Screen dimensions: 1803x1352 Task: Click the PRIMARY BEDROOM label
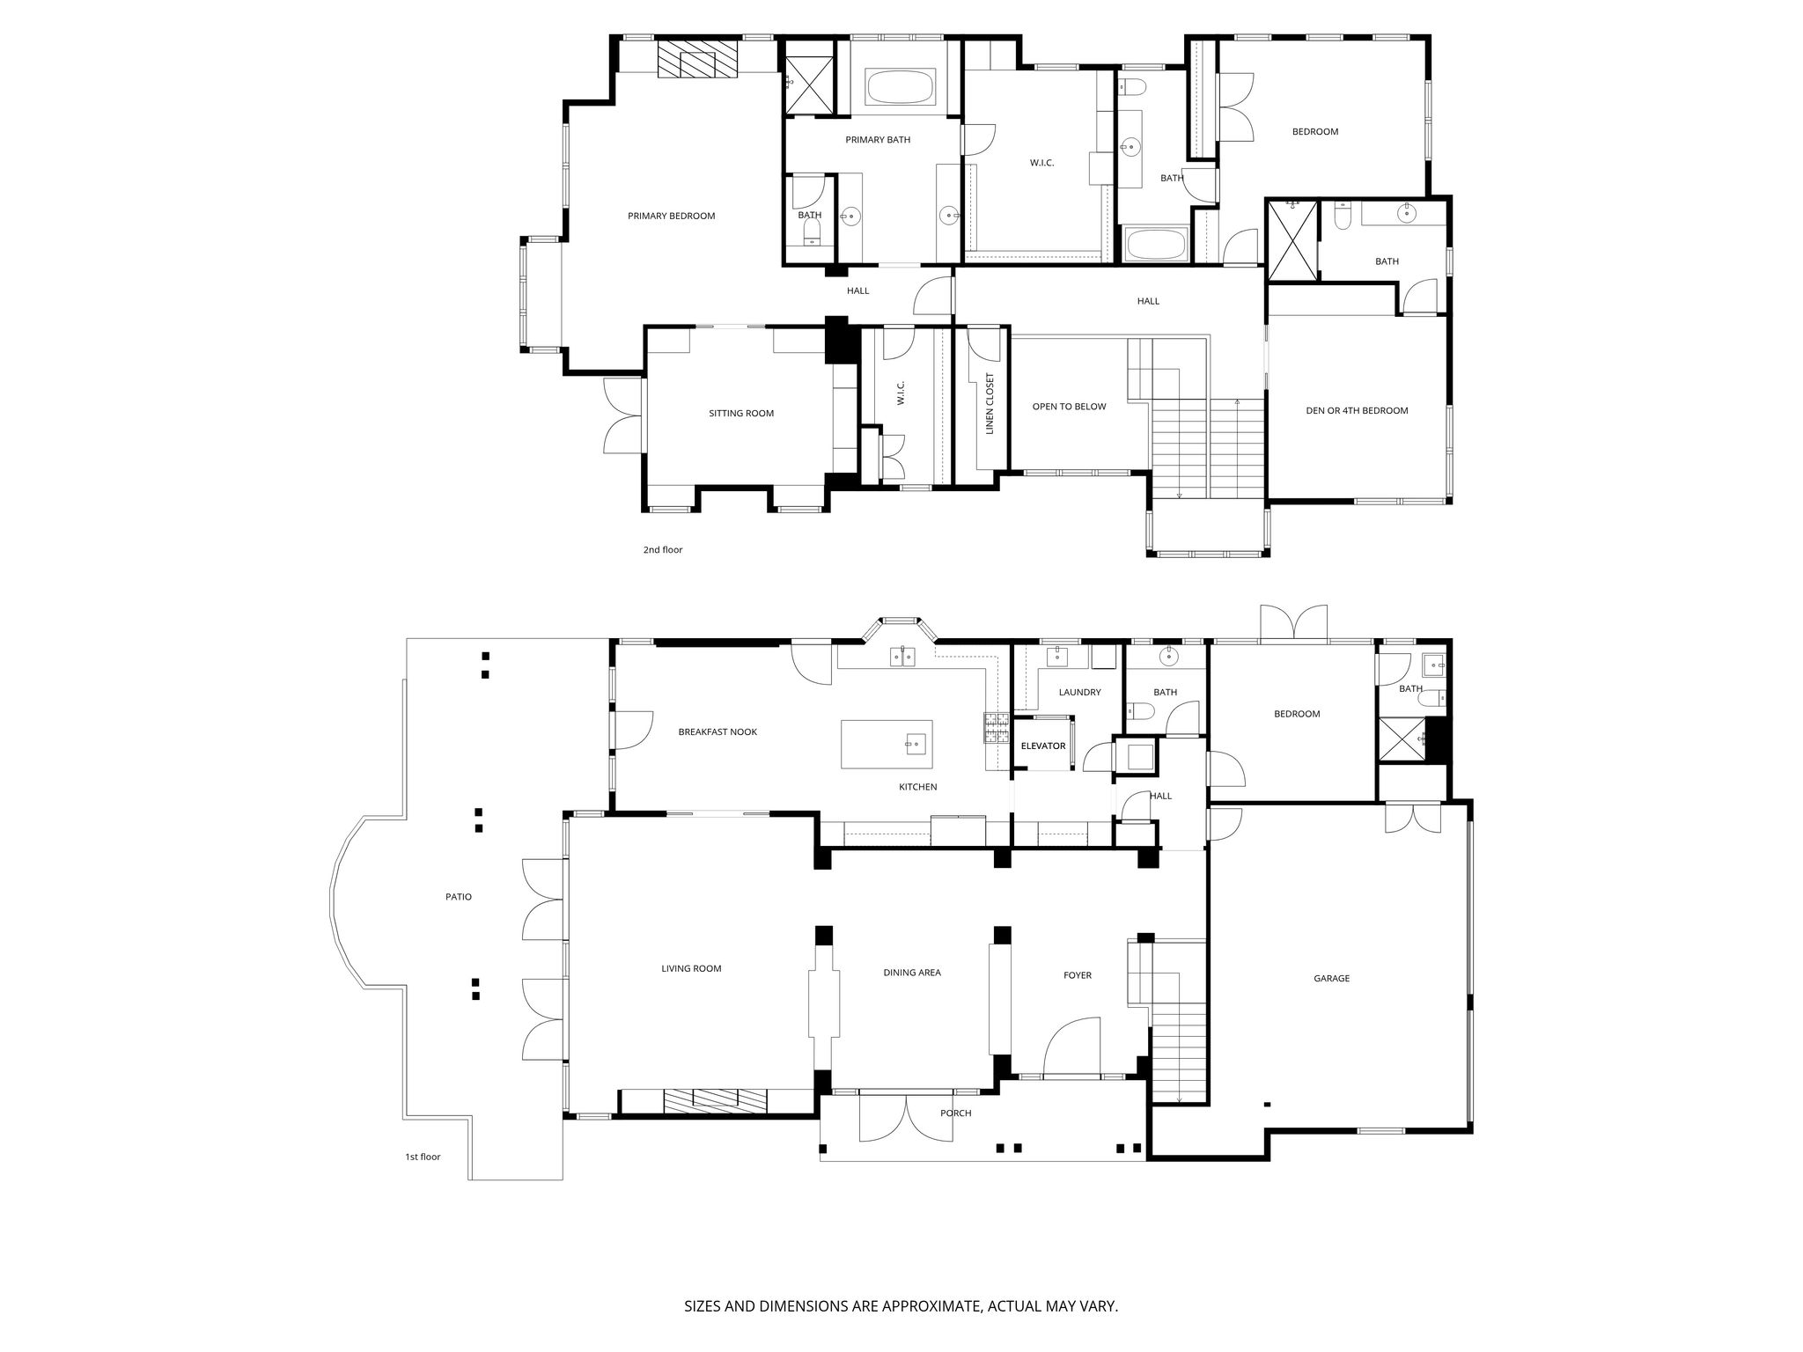(x=671, y=216)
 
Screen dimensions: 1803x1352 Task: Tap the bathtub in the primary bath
(x=900, y=88)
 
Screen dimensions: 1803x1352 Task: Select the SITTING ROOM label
(x=741, y=413)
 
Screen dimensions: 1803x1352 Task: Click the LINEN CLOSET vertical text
(x=990, y=403)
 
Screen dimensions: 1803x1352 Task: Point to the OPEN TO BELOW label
(x=1069, y=407)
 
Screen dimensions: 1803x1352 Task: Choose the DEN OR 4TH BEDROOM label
(x=1357, y=410)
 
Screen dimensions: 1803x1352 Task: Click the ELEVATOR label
(x=1043, y=746)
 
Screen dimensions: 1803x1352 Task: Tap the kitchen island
(x=887, y=744)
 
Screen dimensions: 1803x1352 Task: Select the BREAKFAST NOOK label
(x=718, y=731)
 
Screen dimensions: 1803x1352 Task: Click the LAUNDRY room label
(x=1079, y=692)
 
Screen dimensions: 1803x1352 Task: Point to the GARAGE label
(x=1331, y=978)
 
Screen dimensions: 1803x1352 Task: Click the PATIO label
(x=458, y=897)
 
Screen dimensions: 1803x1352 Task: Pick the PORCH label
(x=955, y=1113)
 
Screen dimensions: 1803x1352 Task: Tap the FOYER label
(x=1077, y=975)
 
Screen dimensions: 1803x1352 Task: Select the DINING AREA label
(x=912, y=973)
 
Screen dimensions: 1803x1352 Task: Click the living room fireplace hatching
(x=716, y=1101)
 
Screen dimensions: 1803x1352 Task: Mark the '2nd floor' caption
(x=662, y=550)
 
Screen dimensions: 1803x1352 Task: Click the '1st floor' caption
(x=423, y=1157)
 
